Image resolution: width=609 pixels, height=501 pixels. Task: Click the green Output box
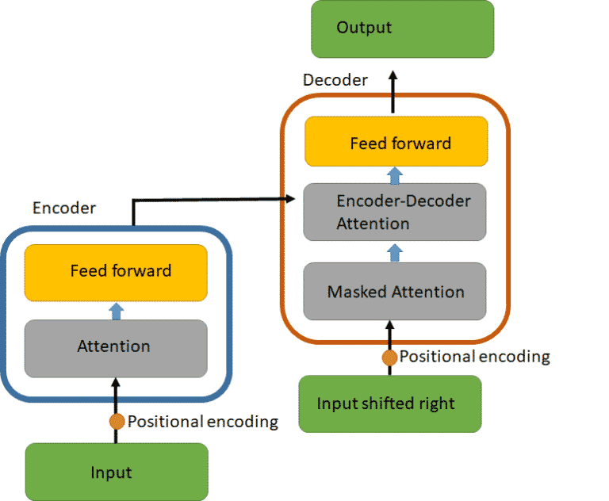click(402, 29)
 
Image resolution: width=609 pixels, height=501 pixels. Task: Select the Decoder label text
click(335, 80)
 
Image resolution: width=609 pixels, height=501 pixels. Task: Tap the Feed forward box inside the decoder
click(396, 142)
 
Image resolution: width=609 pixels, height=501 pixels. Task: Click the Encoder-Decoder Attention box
click(395, 212)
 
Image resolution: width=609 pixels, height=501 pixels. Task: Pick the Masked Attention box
click(395, 292)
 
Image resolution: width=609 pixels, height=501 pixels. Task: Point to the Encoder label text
click(64, 208)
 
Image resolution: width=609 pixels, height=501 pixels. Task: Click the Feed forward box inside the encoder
click(116, 272)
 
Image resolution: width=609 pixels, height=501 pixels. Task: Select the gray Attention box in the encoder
click(116, 347)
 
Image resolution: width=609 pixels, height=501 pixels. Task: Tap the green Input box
click(117, 472)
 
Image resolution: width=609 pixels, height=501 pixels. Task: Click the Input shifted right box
click(389, 403)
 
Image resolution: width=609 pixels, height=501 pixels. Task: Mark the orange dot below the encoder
click(117, 422)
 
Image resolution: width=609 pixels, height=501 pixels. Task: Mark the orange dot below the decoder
click(389, 358)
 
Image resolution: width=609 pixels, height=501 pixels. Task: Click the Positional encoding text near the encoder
click(203, 422)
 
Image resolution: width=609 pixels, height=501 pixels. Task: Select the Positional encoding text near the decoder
click(474, 357)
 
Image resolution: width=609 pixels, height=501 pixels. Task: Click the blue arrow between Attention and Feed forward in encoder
click(117, 311)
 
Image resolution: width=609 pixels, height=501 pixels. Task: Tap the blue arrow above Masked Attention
click(395, 252)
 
